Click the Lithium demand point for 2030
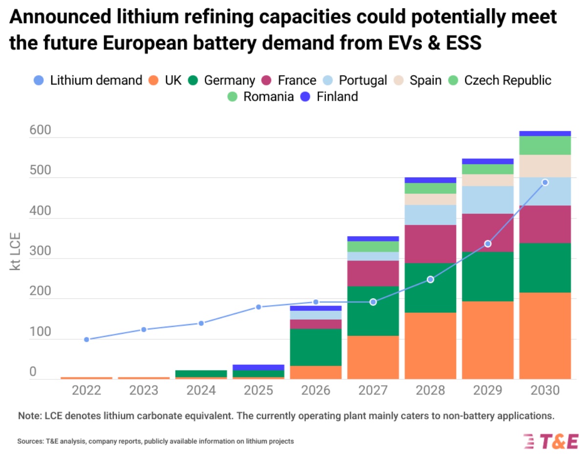pyautogui.click(x=545, y=182)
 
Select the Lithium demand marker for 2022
pyautogui.click(x=87, y=339)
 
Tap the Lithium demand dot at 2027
pyautogui.click(x=373, y=302)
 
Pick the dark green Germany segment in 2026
pyautogui.click(x=316, y=347)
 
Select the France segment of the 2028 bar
pyautogui.click(x=430, y=244)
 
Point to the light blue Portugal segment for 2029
pyautogui.click(x=488, y=199)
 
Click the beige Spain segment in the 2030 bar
pyautogui.click(x=545, y=166)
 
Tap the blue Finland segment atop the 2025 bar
pyautogui.click(x=259, y=368)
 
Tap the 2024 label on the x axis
pyautogui.click(x=201, y=391)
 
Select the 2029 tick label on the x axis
pyautogui.click(x=488, y=391)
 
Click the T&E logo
pyautogui.click(x=551, y=441)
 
